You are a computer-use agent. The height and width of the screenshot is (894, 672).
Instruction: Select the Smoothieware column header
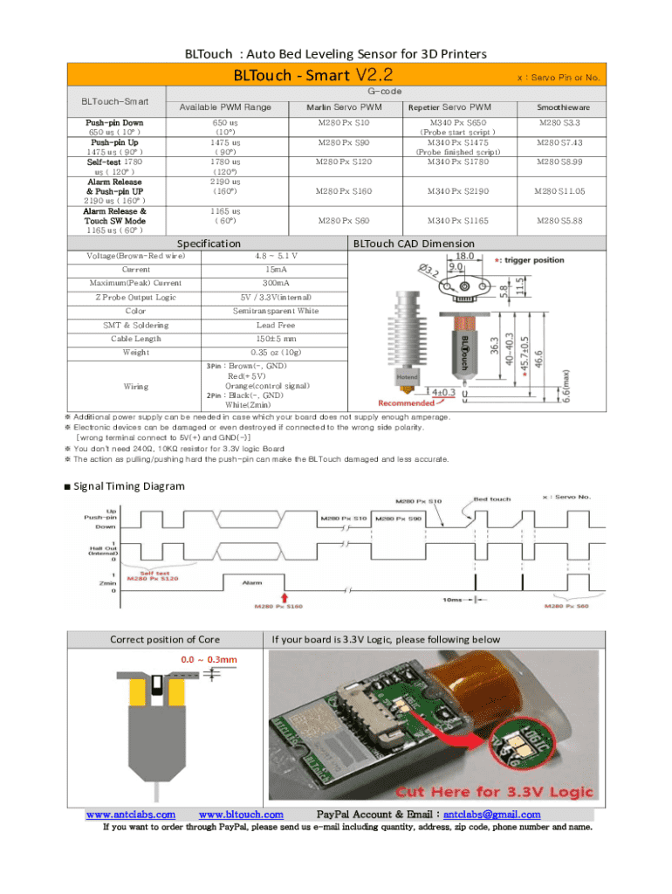click(x=561, y=107)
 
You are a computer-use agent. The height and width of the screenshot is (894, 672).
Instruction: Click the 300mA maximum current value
click(x=276, y=283)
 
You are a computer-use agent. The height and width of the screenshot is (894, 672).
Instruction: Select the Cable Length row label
click(x=136, y=339)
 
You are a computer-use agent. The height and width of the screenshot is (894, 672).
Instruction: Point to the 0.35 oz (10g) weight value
click(x=276, y=353)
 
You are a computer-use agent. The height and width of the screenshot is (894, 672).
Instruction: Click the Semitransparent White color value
click(x=276, y=311)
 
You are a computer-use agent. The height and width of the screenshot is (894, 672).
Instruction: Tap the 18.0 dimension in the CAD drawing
click(x=465, y=257)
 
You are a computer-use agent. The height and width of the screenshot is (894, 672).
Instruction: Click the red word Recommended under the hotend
click(x=405, y=402)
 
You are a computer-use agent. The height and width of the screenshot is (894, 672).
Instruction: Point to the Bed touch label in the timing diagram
click(x=492, y=499)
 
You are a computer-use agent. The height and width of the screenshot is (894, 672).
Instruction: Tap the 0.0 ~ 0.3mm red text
click(x=209, y=659)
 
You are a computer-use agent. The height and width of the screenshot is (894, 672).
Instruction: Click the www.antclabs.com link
click(x=131, y=815)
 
